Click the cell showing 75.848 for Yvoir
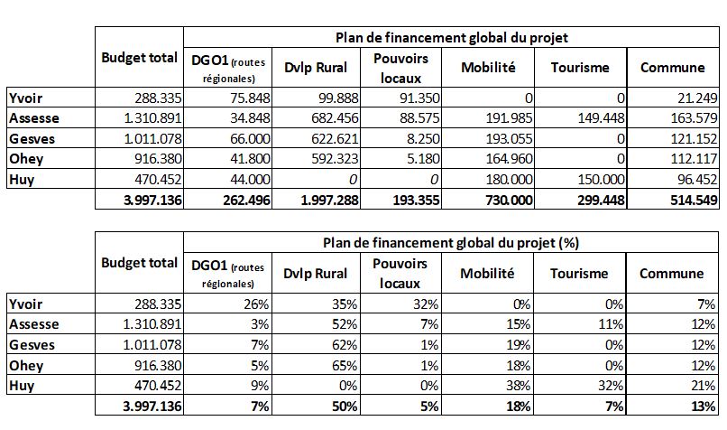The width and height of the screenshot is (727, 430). (250, 98)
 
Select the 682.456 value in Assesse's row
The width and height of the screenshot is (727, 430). (335, 118)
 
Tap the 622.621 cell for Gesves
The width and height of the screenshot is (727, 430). (335, 138)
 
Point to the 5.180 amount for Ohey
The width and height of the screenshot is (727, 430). (423, 159)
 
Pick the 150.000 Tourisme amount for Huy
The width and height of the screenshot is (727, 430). (601, 179)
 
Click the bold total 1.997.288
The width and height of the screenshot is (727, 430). (329, 201)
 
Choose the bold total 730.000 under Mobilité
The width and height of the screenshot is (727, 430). (509, 201)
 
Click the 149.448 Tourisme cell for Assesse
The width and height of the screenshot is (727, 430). (601, 118)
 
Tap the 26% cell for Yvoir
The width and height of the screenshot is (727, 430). (256, 304)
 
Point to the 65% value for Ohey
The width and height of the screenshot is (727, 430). (345, 366)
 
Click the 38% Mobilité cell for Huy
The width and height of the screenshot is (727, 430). (518, 386)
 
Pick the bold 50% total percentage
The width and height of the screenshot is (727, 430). (345, 407)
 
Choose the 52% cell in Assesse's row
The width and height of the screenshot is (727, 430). (345, 324)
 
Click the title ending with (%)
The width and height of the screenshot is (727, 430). (451, 243)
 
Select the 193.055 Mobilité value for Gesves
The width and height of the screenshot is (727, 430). (509, 138)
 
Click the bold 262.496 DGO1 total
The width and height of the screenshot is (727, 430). (246, 201)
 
